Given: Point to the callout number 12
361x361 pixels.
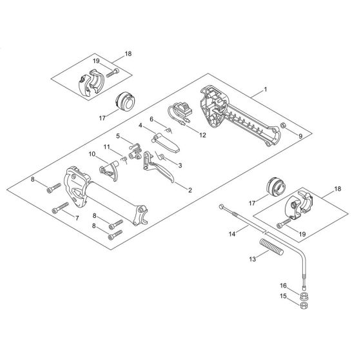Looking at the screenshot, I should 202,135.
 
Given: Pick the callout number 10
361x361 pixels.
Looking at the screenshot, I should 92,154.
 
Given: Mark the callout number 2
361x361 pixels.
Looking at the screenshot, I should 190,190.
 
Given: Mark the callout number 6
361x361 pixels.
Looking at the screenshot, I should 151,119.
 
